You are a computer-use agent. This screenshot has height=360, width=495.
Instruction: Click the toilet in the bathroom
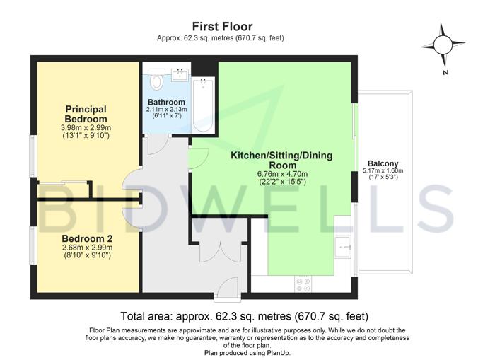[x=156, y=79]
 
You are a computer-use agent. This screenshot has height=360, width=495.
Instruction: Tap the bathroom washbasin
[x=180, y=75]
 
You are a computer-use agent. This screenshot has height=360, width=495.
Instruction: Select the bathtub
[x=203, y=105]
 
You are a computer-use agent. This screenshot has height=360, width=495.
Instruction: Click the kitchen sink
[x=343, y=246]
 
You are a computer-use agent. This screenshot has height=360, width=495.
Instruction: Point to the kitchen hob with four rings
[x=303, y=284]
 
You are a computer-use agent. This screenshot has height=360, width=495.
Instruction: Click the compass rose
[x=443, y=45]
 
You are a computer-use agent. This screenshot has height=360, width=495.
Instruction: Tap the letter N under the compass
[x=445, y=72]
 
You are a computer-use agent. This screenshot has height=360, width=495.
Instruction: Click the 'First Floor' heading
[x=223, y=26]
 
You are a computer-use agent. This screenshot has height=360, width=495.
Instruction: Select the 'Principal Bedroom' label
[x=86, y=114]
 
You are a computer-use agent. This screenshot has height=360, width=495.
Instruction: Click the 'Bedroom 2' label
[x=87, y=238]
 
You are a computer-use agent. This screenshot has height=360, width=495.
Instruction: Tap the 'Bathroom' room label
[x=166, y=102]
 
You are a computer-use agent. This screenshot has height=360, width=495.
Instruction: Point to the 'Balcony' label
[x=383, y=163]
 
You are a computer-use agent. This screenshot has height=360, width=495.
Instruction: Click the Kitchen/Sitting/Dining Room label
[x=281, y=160]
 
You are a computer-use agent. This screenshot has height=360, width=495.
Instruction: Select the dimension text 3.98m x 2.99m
[x=86, y=128]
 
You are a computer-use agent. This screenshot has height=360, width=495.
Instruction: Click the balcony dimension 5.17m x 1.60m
[x=383, y=170]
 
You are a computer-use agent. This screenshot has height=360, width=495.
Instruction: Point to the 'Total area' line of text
[x=245, y=315]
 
